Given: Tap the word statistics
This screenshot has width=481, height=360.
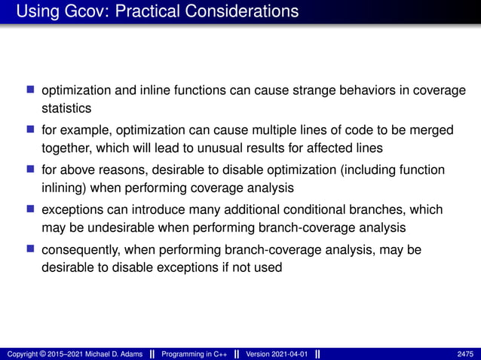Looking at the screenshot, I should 66,109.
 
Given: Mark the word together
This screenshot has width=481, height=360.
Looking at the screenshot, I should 64,148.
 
